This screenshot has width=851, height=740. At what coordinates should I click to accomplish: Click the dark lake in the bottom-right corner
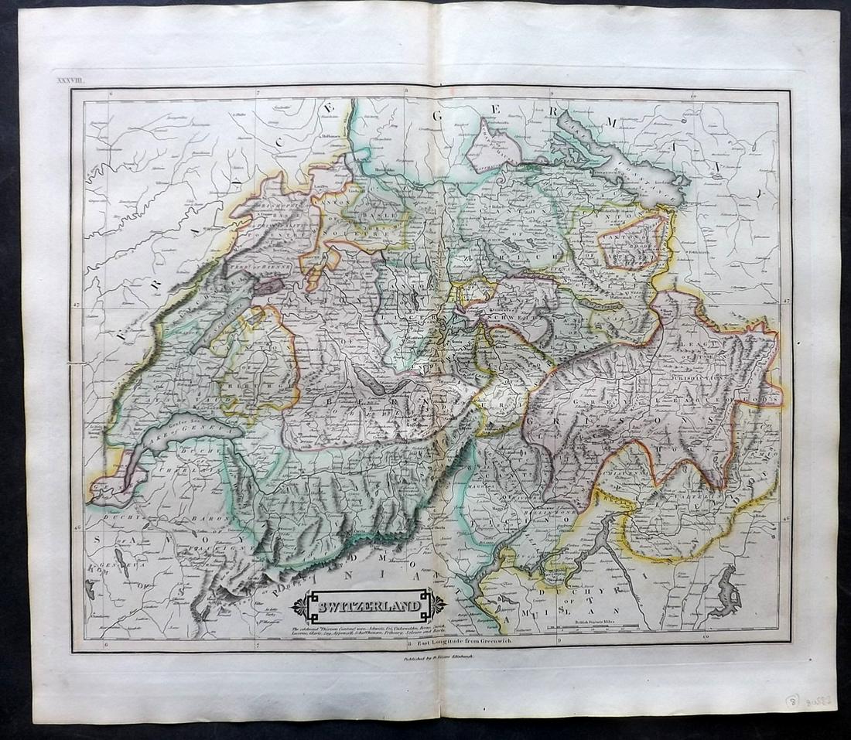[x=728, y=592]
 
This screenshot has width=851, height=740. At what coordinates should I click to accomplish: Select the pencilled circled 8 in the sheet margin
[x=792, y=701]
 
